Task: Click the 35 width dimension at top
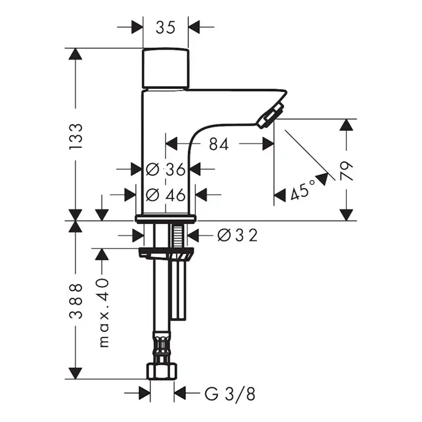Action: tap(165, 27)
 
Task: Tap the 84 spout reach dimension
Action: tap(218, 145)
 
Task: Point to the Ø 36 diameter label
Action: tap(166, 169)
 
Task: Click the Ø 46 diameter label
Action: tap(166, 194)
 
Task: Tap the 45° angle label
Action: tap(301, 192)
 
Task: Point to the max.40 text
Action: tap(103, 313)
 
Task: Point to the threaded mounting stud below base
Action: tap(178, 236)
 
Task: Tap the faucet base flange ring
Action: tap(166, 219)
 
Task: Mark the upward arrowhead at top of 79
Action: tap(347, 125)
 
